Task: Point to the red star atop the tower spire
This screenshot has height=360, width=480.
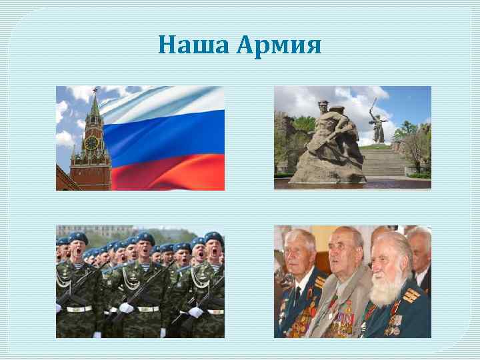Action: (x=95, y=89)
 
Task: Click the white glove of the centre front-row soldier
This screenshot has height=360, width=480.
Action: (x=126, y=307)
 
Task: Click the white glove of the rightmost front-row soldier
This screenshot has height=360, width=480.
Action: (x=195, y=311)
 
